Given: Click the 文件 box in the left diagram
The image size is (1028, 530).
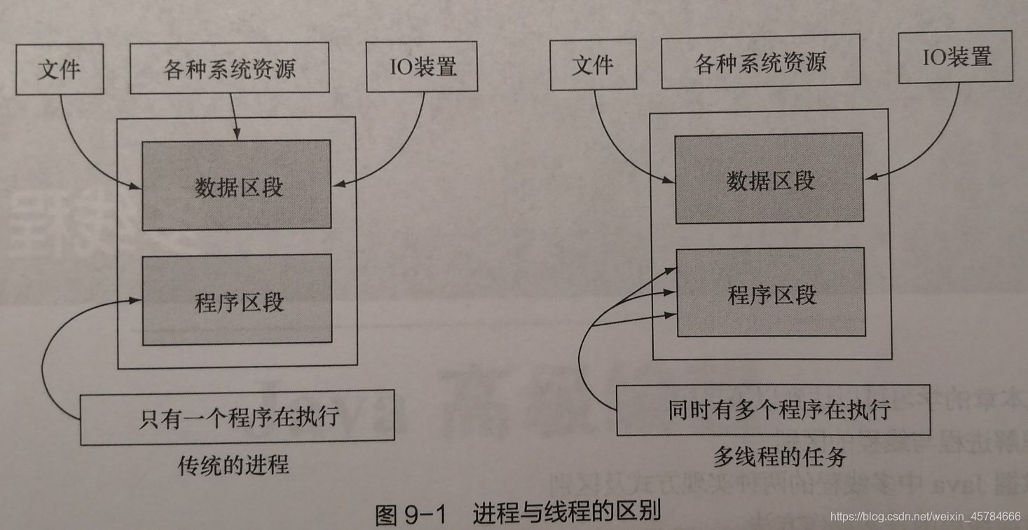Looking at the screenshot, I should pyautogui.click(x=60, y=69).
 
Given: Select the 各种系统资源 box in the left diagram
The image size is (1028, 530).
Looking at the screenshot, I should pyautogui.click(x=229, y=69).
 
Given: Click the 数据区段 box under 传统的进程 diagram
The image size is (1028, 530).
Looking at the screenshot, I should pyautogui.click(x=236, y=186).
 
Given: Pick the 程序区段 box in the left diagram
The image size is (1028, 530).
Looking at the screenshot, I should pyautogui.click(x=237, y=301).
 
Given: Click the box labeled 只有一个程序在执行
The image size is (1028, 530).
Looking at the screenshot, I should pyautogui.click(x=237, y=419).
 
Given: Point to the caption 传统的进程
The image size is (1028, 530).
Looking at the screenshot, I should pyautogui.click(x=233, y=465).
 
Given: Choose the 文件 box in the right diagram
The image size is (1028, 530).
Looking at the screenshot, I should pyautogui.click(x=593, y=65).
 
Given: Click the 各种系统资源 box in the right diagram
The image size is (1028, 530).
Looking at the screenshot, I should pyautogui.click(x=760, y=64).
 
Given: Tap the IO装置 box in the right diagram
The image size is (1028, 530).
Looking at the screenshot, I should pyautogui.click(x=956, y=57).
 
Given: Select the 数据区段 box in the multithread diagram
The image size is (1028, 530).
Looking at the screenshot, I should pyautogui.click(x=769, y=179).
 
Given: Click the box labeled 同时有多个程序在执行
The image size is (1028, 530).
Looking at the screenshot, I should pyautogui.click(x=773, y=410).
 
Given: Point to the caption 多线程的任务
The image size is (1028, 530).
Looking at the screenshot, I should pyautogui.click(x=779, y=457).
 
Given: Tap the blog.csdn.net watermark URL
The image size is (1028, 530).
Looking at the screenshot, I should pyautogui.click(x=925, y=517).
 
